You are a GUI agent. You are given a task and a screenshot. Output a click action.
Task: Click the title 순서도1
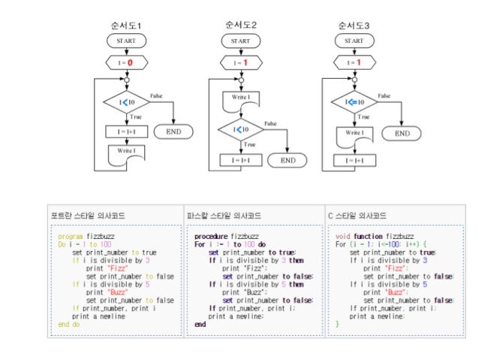point(126,26)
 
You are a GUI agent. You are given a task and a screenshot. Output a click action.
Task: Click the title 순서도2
point(240,25)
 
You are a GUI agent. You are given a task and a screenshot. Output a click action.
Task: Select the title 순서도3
point(354,26)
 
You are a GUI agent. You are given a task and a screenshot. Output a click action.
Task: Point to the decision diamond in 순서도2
point(240,129)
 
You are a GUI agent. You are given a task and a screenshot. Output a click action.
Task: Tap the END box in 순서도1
point(173,132)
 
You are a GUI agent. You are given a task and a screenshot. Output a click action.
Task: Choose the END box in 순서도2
point(288,159)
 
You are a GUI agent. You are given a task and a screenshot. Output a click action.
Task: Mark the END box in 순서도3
point(402,133)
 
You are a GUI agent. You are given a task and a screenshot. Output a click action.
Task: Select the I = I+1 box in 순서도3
point(354,159)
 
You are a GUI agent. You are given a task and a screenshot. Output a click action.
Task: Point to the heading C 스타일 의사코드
point(360,215)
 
